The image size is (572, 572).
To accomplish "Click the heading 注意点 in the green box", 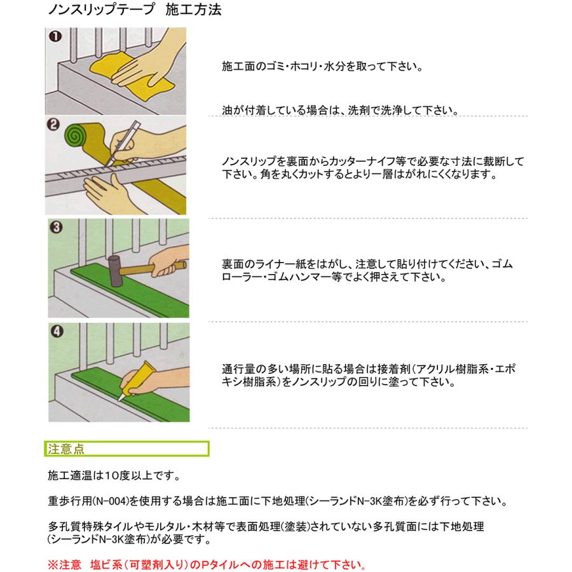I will (66, 449).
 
